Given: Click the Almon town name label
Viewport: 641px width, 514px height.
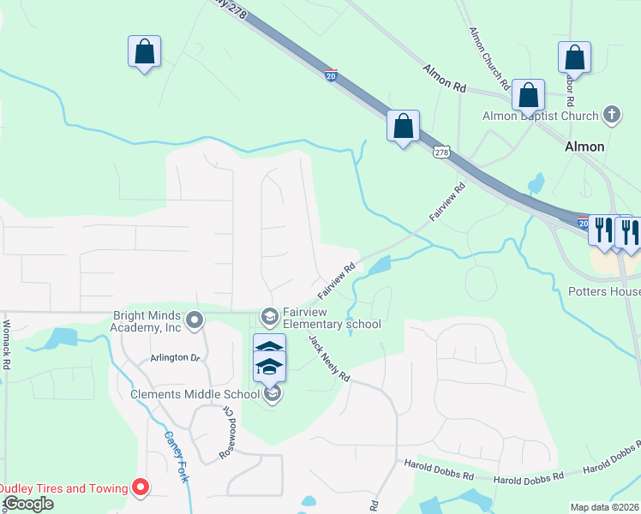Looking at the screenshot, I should click(584, 146).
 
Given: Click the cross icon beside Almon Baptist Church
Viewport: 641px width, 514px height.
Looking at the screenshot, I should click(611, 115).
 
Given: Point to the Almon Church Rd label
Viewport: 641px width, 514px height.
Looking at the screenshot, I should click(489, 59).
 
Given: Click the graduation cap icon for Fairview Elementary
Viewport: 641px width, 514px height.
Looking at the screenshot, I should click(270, 318).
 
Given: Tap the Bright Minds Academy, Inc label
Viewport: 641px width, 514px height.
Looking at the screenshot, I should click(147, 321).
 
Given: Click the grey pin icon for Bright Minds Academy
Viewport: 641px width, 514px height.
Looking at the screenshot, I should click(195, 320).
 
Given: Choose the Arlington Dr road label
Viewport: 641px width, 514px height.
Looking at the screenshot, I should click(175, 357).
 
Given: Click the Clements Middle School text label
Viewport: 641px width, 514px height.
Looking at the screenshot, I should click(195, 394).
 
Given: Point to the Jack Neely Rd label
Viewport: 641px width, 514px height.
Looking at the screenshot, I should click(329, 358).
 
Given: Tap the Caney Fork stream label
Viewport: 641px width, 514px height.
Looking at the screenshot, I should click(175, 457).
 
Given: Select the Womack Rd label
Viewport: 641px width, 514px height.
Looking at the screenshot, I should click(7, 344).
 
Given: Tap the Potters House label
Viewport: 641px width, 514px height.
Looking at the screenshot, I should click(604, 290).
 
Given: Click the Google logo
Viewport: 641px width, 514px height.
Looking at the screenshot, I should click(27, 504).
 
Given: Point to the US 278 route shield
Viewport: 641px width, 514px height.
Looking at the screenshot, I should click(441, 152).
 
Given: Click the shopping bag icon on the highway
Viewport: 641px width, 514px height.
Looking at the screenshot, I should click(403, 126).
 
